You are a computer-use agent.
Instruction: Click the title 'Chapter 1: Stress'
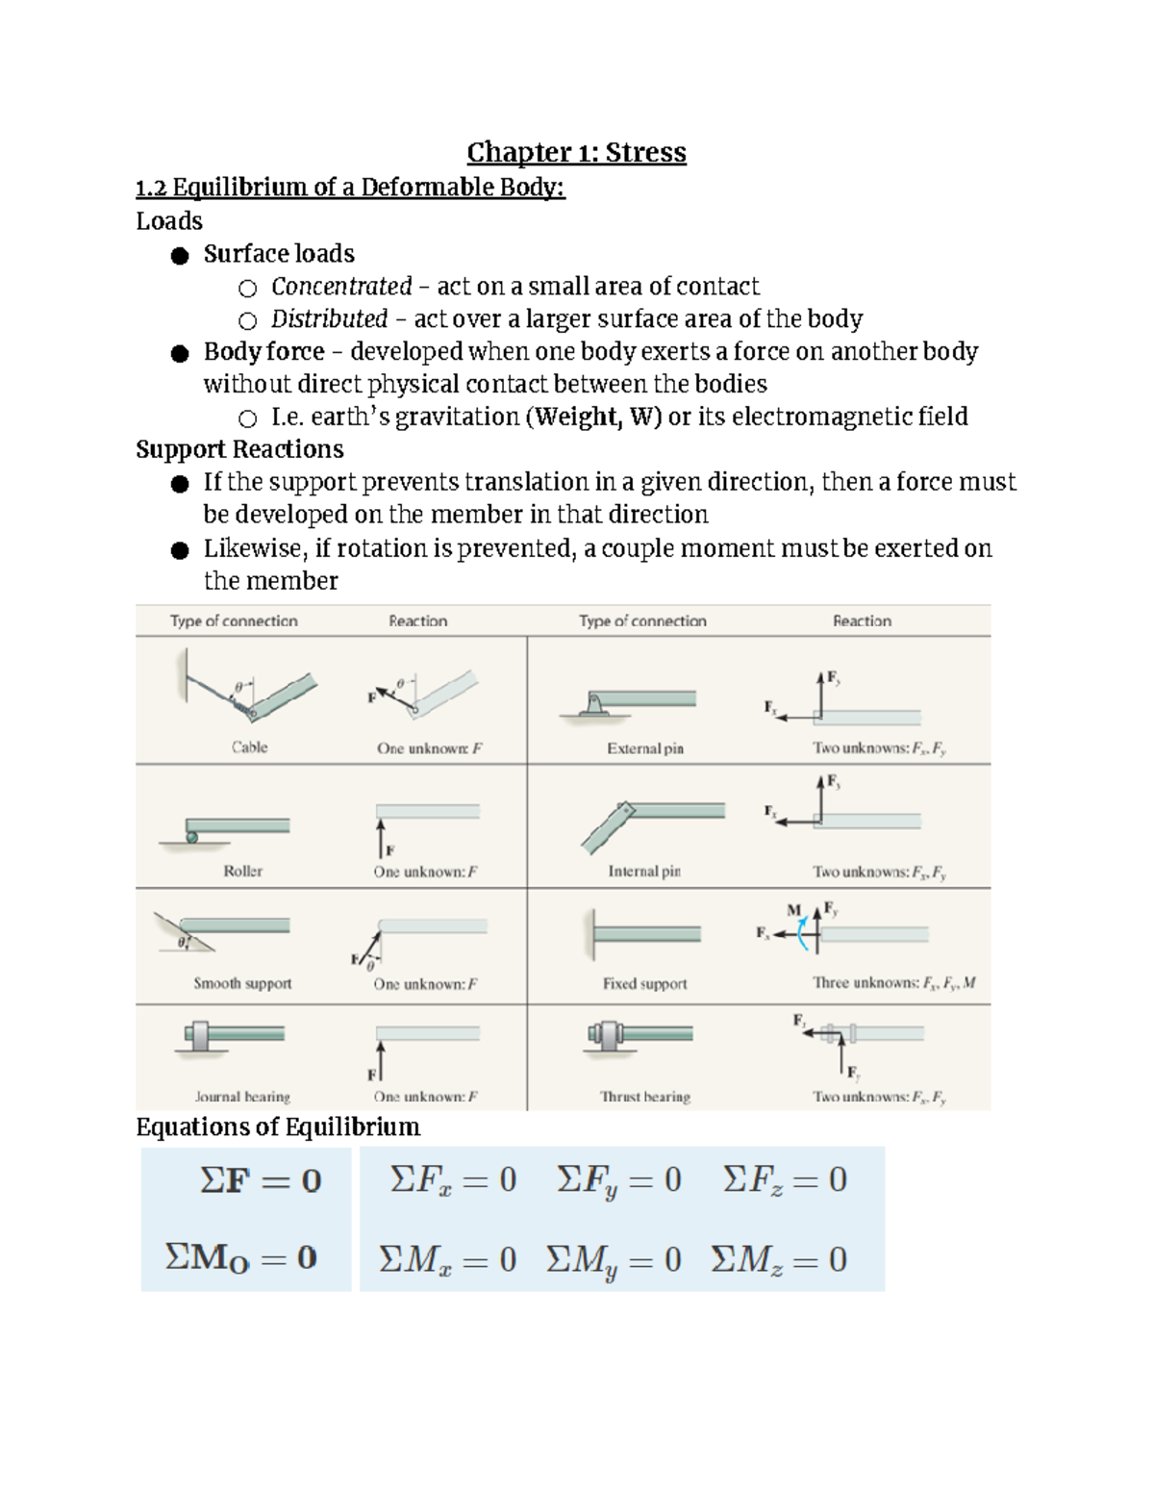[x=576, y=152]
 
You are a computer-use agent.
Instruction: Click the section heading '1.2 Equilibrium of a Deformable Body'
[x=350, y=187]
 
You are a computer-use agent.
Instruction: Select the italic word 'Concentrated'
[x=341, y=287]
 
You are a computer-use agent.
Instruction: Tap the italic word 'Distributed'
[x=329, y=319]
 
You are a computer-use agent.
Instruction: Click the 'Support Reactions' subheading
[x=239, y=449]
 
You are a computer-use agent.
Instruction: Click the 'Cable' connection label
[x=249, y=747]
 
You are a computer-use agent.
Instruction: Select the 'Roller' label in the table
[x=242, y=871]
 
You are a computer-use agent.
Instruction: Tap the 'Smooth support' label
[x=242, y=983]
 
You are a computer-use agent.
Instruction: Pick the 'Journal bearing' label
[x=242, y=1097]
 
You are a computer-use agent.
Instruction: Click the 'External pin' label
[x=645, y=748]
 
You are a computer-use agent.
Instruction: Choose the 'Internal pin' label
[x=644, y=871]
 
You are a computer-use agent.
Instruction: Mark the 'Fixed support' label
[x=644, y=983]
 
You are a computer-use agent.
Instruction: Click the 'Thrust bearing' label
[x=645, y=1097]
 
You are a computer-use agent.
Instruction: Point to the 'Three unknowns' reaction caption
[x=893, y=983]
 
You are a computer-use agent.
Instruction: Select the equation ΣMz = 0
[x=779, y=1259]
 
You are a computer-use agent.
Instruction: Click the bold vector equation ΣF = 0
[x=261, y=1180]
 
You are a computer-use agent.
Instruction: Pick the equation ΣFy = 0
[x=618, y=1180]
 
